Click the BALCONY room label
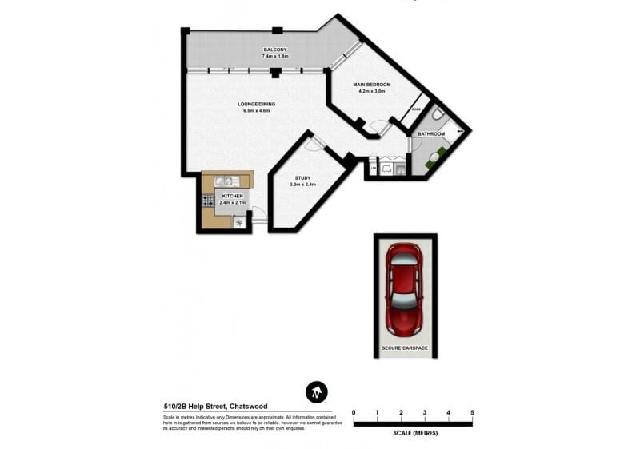pyautogui.click(x=274, y=50)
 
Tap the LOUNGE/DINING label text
pyautogui.click(x=258, y=104)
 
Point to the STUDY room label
pyautogui.click(x=302, y=178)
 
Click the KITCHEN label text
pyautogui.click(x=233, y=196)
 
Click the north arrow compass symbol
pyautogui.click(x=318, y=393)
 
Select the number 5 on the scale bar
pyautogui.click(x=472, y=412)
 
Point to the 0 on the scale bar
pyautogui.click(x=354, y=412)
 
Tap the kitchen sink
pyautogui.click(x=222, y=181)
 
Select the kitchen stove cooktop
pyautogui.click(x=207, y=199)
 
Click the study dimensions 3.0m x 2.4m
pyautogui.click(x=302, y=185)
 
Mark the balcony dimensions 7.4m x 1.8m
pyautogui.click(x=274, y=57)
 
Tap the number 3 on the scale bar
pyautogui.click(x=425, y=412)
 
